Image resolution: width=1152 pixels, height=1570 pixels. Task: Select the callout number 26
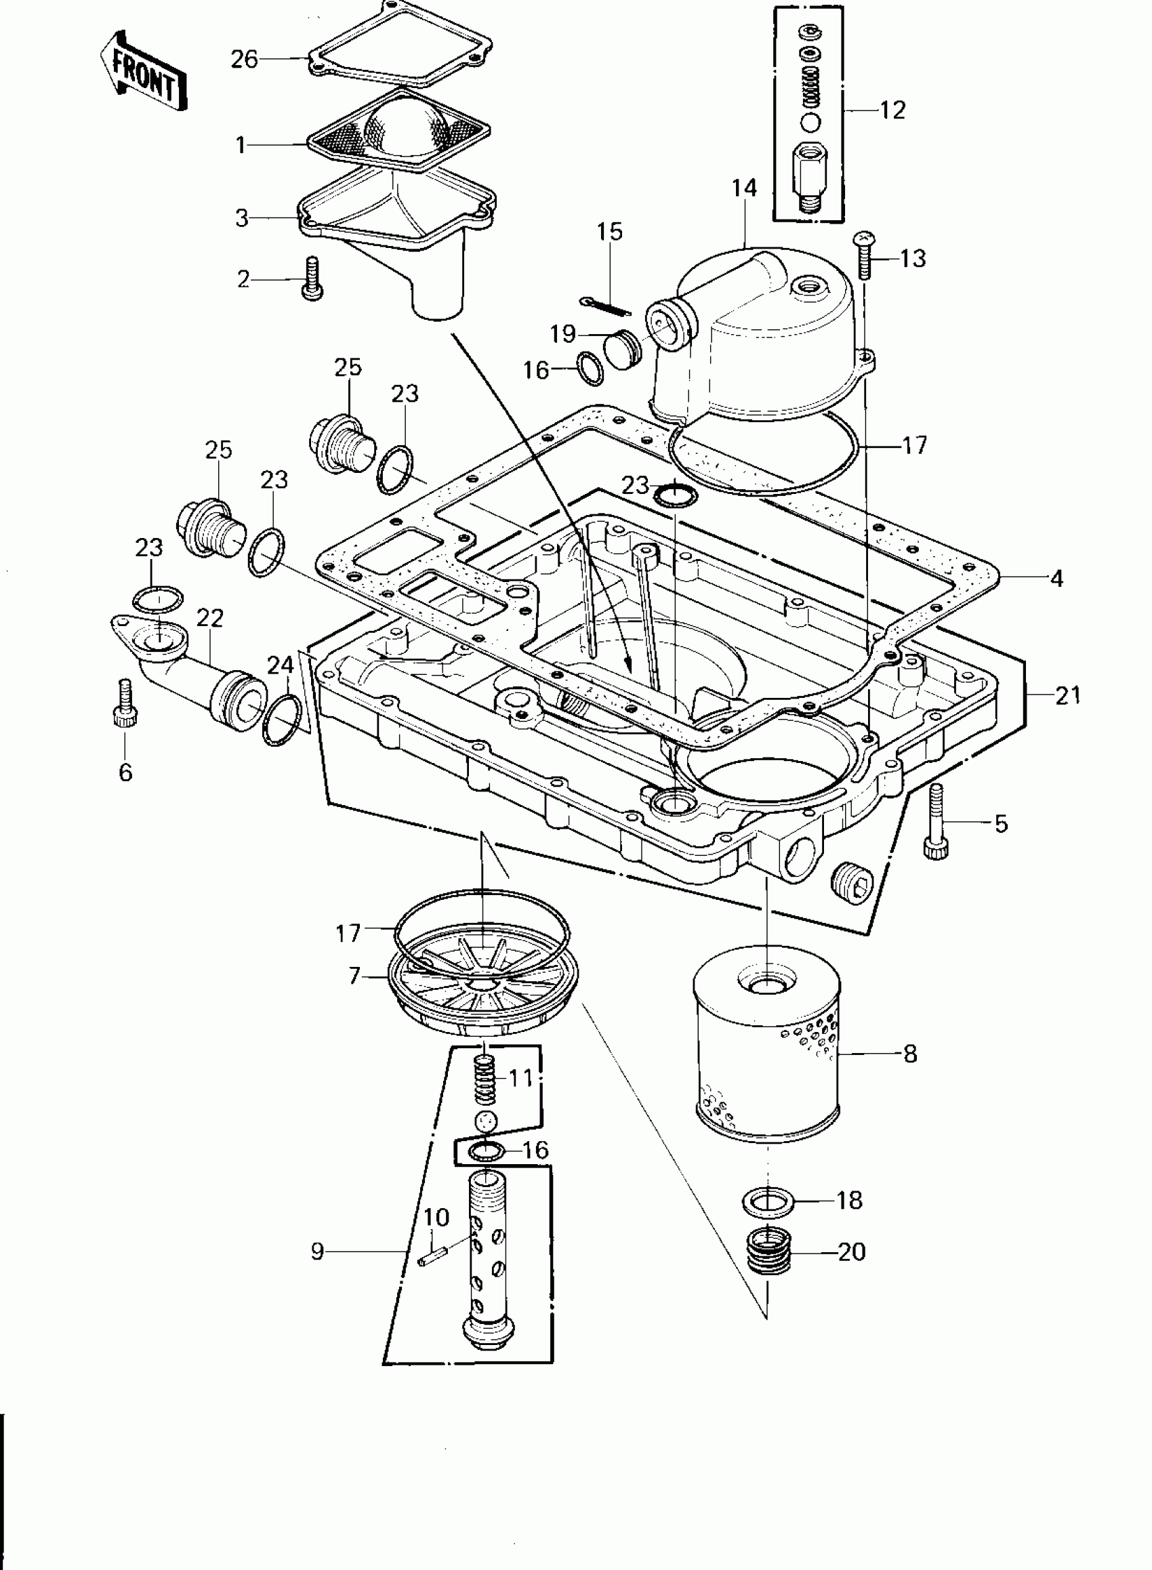point(244,60)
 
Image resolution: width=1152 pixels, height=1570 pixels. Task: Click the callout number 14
point(744,188)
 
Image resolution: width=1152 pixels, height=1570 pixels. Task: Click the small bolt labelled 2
point(312,278)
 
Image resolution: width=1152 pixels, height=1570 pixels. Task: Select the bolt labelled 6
point(125,704)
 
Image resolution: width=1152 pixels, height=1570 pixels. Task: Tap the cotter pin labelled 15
point(604,304)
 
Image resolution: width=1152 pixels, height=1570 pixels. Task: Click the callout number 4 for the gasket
point(1056,578)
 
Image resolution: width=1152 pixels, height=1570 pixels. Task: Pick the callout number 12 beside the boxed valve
point(892,110)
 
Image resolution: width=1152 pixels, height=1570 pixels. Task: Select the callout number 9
point(317,1252)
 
